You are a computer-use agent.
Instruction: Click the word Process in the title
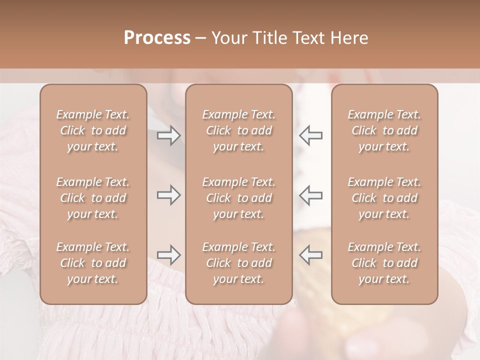[157, 38]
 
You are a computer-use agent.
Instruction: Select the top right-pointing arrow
[169, 135]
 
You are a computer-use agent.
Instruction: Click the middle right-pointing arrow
[169, 195]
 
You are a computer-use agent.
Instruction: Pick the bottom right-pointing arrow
[169, 255]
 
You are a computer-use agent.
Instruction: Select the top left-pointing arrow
[311, 135]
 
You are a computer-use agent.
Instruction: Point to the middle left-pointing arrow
[311, 195]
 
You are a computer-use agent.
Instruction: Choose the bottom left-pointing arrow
[311, 255]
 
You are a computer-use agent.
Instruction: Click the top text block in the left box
[93, 130]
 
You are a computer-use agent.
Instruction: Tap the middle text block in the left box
[93, 198]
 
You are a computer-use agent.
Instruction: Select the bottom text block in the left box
[93, 263]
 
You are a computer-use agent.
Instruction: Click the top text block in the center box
[239, 130]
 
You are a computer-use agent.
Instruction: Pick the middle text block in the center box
[239, 198]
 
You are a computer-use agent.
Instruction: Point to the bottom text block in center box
[239, 263]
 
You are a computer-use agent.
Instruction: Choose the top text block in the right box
[384, 130]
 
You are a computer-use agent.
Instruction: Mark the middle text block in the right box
[384, 198]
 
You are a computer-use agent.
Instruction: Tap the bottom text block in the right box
[384, 263]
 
